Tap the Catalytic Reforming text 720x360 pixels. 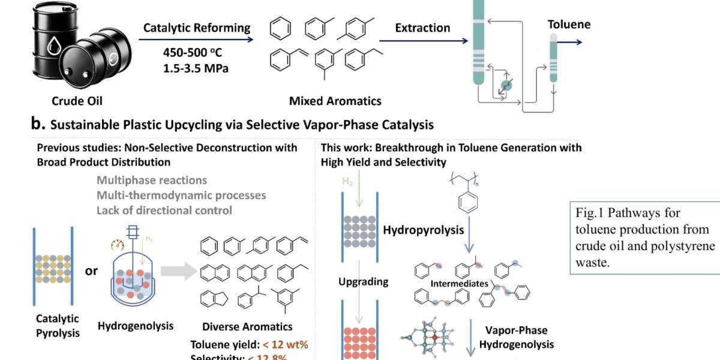click(197, 28)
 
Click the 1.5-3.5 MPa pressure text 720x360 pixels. click(196, 68)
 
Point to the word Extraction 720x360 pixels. click(422, 28)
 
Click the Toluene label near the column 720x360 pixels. click(569, 25)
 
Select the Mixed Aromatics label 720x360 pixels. click(335, 101)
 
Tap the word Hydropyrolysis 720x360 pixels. click(423, 230)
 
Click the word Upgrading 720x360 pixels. click(364, 281)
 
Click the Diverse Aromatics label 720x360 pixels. click(247, 327)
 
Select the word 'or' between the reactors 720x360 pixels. click(91, 271)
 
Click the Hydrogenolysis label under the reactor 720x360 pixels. click(136, 326)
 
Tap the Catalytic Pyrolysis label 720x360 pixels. click(58, 325)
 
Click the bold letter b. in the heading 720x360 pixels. click(38, 124)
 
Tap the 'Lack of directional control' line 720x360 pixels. click(164, 210)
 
